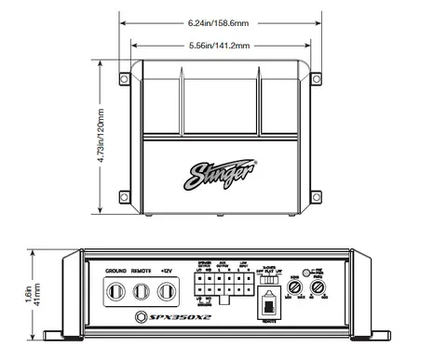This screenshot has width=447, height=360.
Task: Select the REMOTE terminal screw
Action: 142,291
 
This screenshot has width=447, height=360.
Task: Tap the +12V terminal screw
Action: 167,291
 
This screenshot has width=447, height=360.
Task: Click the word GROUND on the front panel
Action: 116,271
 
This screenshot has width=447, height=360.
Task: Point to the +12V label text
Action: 167,271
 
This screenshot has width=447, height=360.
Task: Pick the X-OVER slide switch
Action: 273,276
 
